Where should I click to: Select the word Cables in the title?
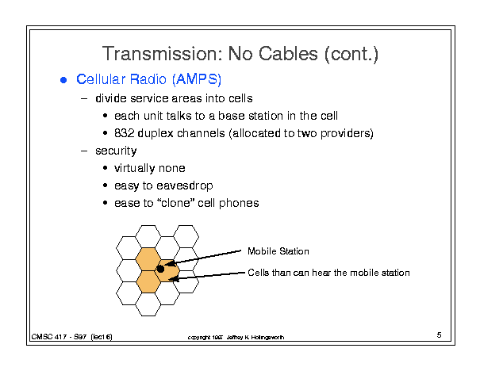288,54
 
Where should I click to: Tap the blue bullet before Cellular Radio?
63,80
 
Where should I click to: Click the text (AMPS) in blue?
197,79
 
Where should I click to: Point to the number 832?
125,133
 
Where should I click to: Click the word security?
116,151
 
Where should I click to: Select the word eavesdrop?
185,185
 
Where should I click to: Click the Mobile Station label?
278,251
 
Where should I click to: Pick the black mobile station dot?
160,269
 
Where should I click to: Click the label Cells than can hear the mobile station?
328,273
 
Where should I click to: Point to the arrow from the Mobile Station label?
205,257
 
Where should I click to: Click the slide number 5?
439,335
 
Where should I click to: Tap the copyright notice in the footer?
236,338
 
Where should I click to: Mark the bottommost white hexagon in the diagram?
148,304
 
